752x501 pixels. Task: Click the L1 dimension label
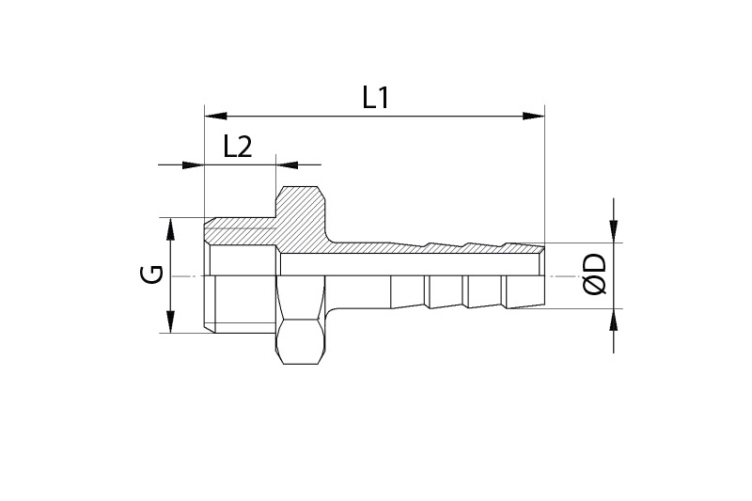click(376, 98)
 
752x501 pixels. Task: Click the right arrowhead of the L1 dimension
click(534, 117)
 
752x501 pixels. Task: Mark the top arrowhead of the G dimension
click(169, 228)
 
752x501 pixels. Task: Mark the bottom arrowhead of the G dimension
click(169, 322)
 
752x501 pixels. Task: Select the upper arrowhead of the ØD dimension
click(614, 232)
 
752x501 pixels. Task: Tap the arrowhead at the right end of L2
click(286, 165)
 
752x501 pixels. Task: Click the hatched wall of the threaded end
click(240, 228)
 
